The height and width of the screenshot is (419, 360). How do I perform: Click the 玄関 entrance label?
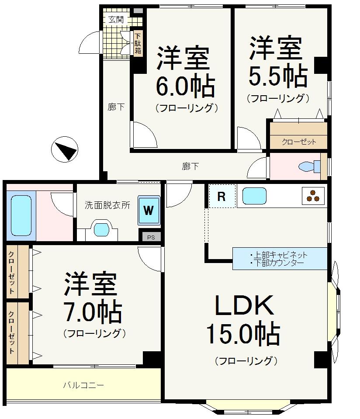pos(116,20)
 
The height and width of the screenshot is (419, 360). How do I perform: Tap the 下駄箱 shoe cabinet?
pos(138,43)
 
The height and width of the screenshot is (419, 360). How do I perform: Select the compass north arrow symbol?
pos(64,149)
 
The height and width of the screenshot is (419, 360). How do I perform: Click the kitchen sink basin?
pos(254,196)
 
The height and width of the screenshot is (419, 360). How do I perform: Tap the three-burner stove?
pos(313,196)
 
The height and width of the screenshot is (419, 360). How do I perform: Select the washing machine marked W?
pos(149,210)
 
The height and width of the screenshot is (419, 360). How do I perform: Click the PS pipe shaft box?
pos(151,237)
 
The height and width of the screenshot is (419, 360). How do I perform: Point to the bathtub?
pos(21,215)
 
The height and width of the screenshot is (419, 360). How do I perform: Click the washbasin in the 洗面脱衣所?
pos(101,229)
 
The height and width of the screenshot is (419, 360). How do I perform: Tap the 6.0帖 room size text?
pos(186,87)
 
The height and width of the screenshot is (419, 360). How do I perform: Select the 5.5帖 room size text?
pos(278,76)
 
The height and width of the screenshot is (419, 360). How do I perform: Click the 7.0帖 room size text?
pos(93,312)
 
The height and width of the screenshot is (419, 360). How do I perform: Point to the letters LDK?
pos(245,305)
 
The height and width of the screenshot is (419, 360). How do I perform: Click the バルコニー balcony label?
pos(83,385)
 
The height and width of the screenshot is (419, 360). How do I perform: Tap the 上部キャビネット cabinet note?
pos(279,255)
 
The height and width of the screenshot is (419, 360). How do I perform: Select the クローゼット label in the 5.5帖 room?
pos(299,142)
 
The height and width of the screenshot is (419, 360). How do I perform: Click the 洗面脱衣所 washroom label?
pos(107,205)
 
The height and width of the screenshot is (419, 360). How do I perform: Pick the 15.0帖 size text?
pos(243,334)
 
